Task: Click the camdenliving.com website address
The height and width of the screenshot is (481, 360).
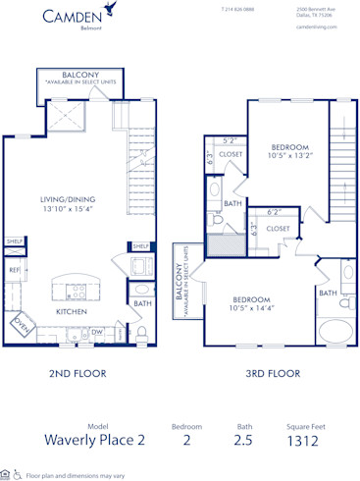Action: [x=315, y=27]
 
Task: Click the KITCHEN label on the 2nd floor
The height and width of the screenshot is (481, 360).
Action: [x=72, y=311]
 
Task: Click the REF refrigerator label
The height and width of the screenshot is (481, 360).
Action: [x=15, y=269]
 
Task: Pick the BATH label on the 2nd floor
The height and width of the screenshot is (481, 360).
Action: [x=143, y=303]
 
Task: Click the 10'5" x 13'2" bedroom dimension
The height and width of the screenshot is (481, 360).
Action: [x=290, y=154]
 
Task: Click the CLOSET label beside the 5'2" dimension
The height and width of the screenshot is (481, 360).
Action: [x=231, y=154]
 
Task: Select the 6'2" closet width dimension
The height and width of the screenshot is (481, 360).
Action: [x=276, y=211]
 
